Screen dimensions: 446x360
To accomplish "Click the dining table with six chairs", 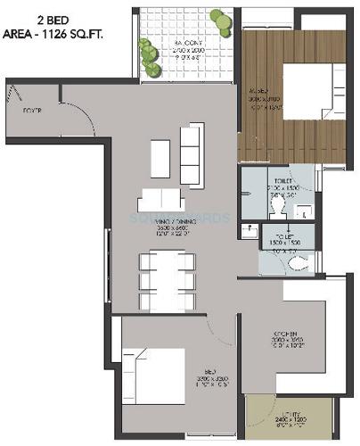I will pos(167,277).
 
